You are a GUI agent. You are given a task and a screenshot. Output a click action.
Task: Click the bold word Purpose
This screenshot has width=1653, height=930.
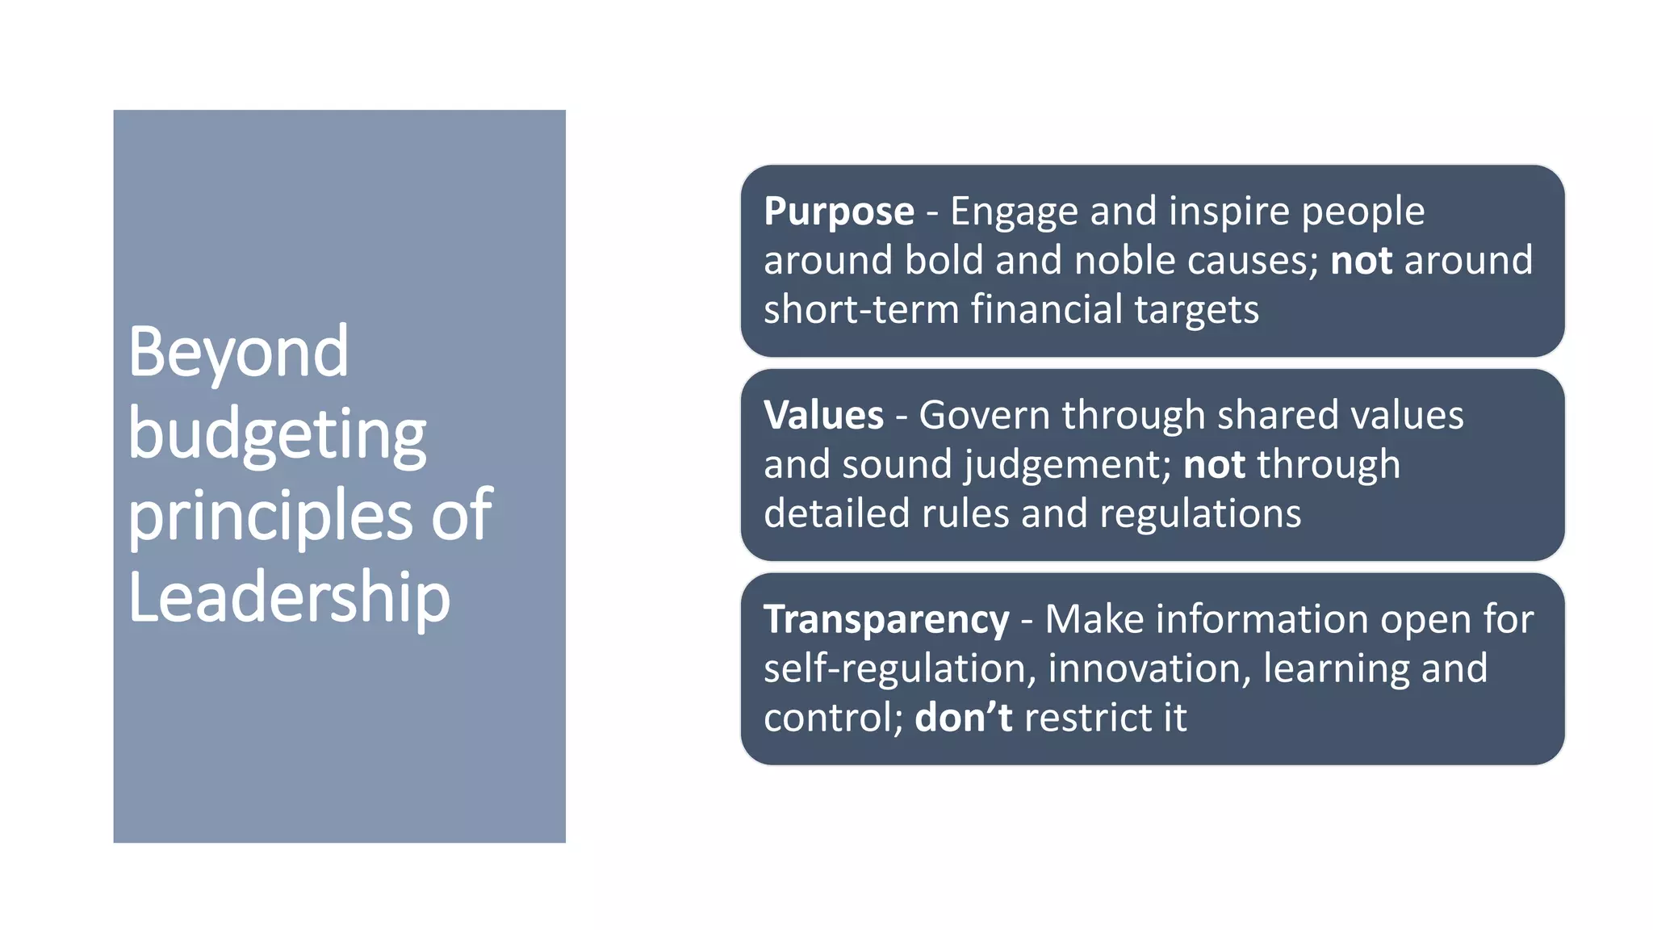pyautogui.click(x=839, y=212)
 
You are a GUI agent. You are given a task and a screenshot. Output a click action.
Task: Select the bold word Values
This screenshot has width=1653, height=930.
pyautogui.click(x=823, y=416)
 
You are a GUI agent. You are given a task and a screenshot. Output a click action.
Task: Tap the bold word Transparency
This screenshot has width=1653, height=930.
pyautogui.click(x=886, y=620)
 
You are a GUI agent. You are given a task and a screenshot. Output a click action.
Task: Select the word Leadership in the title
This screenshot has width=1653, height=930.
pyautogui.click(x=289, y=597)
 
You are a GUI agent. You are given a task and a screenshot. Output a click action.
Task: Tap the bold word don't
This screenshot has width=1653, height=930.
pyautogui.click(x=963, y=717)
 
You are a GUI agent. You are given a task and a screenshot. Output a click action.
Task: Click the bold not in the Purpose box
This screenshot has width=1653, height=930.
pyautogui.click(x=1361, y=261)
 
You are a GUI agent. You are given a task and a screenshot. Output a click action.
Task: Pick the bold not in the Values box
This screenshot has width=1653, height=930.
pyautogui.click(x=1214, y=465)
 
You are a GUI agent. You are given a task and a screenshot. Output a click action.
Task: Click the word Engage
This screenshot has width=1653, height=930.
pyautogui.click(x=1014, y=212)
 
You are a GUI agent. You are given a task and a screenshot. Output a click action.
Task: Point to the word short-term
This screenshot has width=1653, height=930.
pyautogui.click(x=860, y=309)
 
